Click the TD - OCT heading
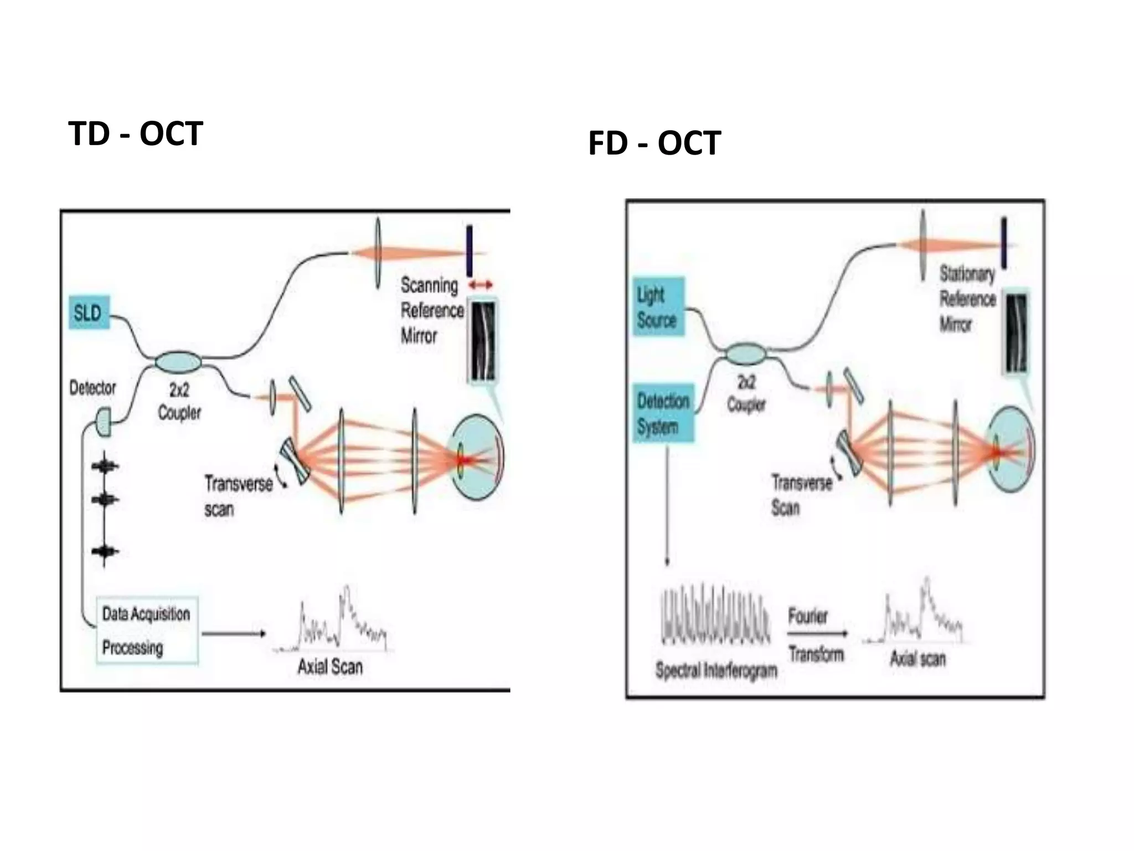pos(136,134)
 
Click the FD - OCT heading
pos(654,143)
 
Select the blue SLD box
pos(89,313)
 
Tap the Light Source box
pos(657,307)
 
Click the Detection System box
pos(663,413)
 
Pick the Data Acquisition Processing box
pos(147,630)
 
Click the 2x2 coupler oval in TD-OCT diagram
pos(178,362)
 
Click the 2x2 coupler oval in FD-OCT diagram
pos(746,353)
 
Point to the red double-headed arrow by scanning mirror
pos(480,285)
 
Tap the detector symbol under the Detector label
pos(104,422)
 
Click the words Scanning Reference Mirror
pos(431,310)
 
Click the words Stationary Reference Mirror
pos(967,299)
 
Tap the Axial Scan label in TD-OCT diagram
pos(330,667)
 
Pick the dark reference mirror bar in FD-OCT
pos(1003,243)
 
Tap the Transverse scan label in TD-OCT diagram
pos(238,496)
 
